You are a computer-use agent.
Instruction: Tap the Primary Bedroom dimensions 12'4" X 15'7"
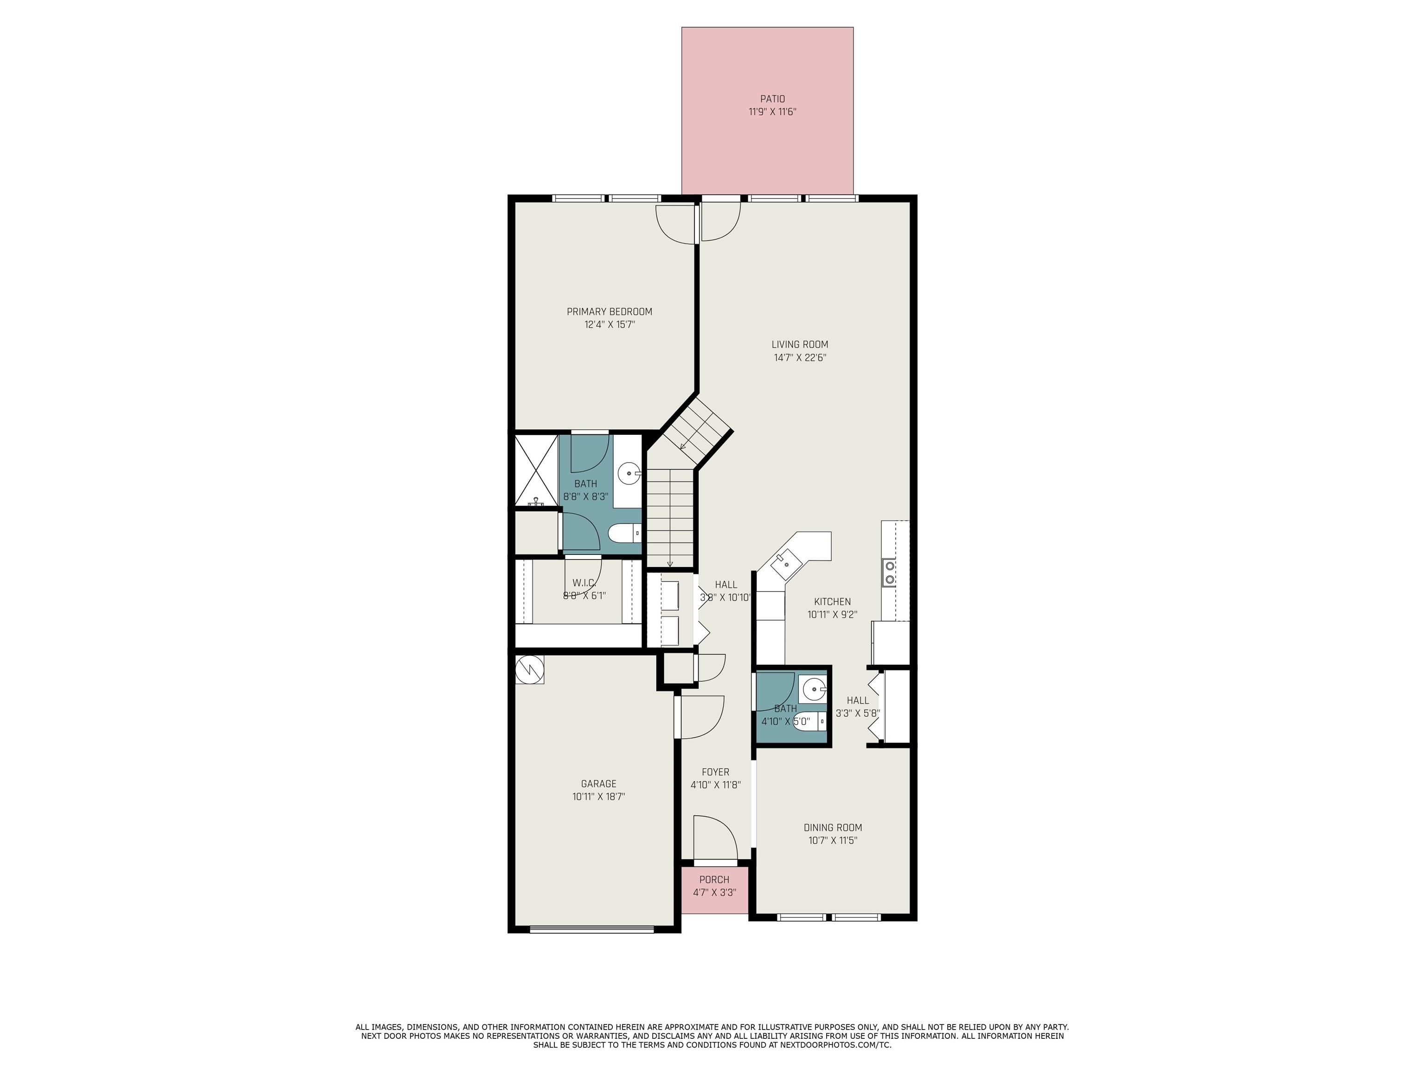610,325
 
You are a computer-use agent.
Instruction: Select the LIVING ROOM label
799,344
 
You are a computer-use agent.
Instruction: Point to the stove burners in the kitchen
890,572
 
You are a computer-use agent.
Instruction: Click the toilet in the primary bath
623,534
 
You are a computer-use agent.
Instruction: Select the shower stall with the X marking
536,471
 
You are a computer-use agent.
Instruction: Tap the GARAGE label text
598,784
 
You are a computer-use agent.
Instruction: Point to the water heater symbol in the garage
530,670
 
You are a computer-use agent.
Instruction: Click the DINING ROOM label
832,827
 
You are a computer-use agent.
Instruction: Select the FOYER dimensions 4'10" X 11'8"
715,785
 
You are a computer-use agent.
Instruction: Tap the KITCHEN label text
832,602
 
